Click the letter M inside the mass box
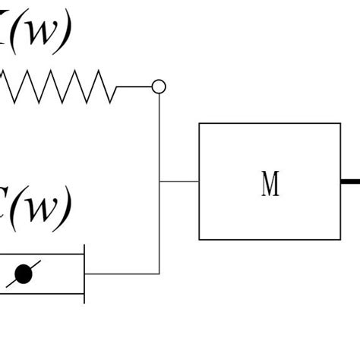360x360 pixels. [270, 183]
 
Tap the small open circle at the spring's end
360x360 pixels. [159, 87]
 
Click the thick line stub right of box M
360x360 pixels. [350, 182]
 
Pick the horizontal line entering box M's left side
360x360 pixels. [179, 182]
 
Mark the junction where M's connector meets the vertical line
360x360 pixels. [159, 182]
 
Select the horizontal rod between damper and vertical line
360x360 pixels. [122, 273]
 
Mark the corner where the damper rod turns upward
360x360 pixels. [159, 273]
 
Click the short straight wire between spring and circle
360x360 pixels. [134, 87]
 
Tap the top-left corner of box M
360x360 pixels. [199, 123]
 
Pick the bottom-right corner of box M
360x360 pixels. [340, 240]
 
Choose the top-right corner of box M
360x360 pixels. [340, 123]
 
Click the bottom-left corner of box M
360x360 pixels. [199, 240]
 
